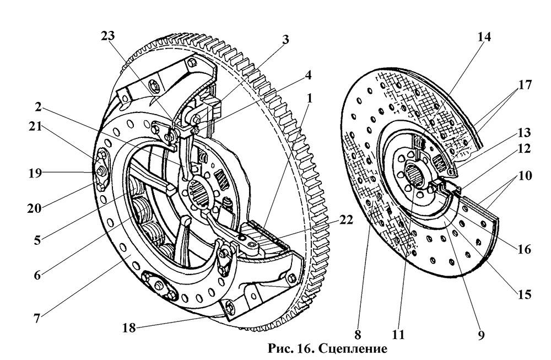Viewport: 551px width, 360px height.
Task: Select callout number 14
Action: tap(484, 37)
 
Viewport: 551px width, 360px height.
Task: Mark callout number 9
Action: tap(481, 334)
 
